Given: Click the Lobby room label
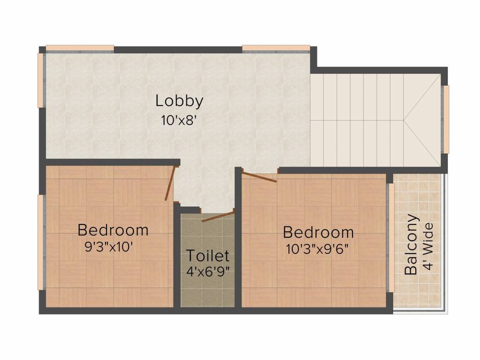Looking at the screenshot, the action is click(x=180, y=101).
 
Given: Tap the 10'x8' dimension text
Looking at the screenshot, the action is click(x=178, y=120).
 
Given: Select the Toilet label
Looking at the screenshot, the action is click(x=208, y=255).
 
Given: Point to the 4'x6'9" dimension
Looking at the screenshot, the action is click(x=208, y=271).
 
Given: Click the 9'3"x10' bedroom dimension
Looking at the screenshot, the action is click(x=109, y=247).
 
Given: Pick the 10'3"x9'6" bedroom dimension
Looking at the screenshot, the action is click(x=317, y=249).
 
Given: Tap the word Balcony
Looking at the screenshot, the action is click(x=411, y=245).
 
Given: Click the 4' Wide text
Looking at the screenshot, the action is click(x=428, y=247).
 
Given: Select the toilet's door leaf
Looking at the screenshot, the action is click(x=217, y=216).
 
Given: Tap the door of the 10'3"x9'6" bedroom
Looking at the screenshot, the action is click(x=259, y=178).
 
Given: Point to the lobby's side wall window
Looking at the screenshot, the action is click(x=41, y=80).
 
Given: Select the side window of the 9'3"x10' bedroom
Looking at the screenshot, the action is click(x=41, y=242).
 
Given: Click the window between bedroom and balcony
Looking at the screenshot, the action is click(x=391, y=238).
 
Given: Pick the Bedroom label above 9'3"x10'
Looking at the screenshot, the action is click(x=113, y=230).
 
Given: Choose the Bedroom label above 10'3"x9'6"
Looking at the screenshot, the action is click(x=318, y=232).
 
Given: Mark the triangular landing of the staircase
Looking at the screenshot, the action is click(x=422, y=120).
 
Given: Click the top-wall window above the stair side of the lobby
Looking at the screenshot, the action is click(x=276, y=48).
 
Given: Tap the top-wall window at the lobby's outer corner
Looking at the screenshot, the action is click(x=80, y=48).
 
